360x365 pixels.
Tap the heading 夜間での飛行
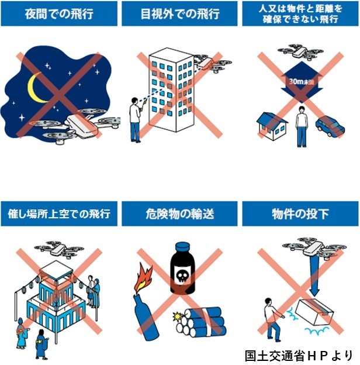point(59,14)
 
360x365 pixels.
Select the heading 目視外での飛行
point(180,14)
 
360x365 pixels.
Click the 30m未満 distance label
point(302,82)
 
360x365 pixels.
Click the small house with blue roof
point(272,126)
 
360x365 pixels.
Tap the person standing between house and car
point(302,126)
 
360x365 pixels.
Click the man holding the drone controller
point(136,120)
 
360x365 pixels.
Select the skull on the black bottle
point(182,276)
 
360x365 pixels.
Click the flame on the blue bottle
point(144,278)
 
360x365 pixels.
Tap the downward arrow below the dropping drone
point(314,276)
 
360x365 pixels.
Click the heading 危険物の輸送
point(180,214)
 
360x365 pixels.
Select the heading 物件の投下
point(300,214)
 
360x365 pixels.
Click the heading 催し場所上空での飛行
point(59,214)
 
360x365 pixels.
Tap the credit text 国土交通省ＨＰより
point(299,356)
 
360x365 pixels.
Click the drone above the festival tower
point(59,250)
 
